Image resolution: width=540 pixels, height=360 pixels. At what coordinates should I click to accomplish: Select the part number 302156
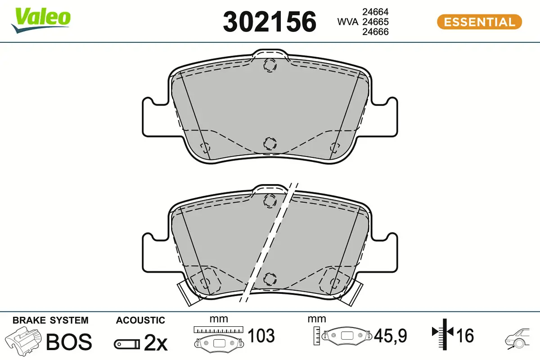point(270,22)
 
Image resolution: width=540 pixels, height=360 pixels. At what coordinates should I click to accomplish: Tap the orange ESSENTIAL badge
point(479,22)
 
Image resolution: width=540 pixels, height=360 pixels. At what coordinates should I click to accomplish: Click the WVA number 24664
point(376,12)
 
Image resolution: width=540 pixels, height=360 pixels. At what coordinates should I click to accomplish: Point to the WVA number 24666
point(376,31)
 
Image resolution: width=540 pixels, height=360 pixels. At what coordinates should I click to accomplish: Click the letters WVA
point(348,22)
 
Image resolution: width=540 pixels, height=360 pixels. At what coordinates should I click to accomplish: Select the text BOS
point(69,342)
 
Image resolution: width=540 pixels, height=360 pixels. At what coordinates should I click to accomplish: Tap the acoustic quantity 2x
point(155,343)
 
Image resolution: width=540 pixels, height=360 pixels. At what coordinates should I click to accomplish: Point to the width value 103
point(261,336)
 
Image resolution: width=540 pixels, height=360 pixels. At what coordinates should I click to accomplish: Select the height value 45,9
point(390,336)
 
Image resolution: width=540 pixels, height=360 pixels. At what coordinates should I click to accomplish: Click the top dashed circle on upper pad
point(270,65)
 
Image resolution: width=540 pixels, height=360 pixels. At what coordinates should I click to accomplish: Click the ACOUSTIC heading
point(140,320)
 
